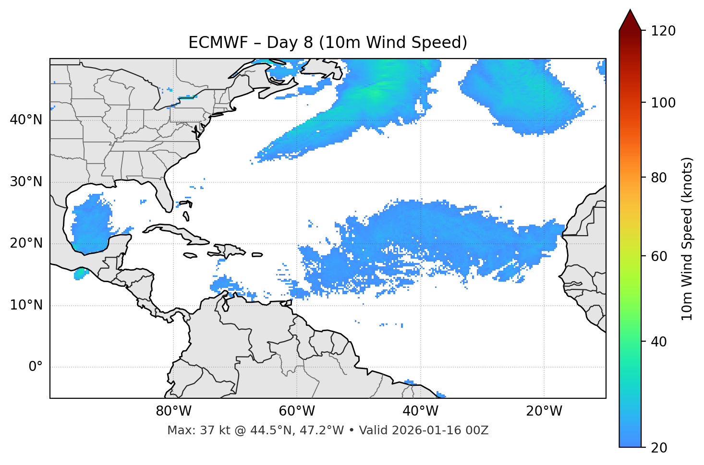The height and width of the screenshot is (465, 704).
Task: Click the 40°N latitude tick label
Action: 26,120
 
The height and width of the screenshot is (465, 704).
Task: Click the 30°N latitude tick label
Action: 26,182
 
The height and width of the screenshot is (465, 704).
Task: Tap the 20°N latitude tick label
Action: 26,243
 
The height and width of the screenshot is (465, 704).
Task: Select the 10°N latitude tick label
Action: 26,305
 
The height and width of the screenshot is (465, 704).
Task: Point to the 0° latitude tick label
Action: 36,367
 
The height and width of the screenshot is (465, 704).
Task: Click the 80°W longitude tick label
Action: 173,411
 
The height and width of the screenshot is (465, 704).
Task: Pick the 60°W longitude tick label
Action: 297,411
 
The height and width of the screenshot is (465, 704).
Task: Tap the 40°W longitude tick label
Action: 421,411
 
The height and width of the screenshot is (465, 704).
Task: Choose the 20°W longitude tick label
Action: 544,411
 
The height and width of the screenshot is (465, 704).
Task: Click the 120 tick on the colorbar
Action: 663,31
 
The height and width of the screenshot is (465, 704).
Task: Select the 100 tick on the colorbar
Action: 663,103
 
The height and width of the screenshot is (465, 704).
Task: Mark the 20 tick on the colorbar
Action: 659,448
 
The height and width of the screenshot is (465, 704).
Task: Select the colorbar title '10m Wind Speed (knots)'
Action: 688,239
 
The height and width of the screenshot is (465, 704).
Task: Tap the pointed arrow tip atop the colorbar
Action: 630,12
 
